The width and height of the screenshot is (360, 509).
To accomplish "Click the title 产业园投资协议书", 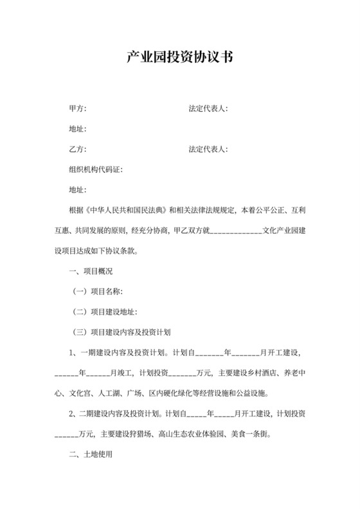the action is click(x=179, y=57).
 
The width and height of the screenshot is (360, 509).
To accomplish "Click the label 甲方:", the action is click(x=77, y=109).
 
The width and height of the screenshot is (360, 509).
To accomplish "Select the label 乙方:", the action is click(x=77, y=149).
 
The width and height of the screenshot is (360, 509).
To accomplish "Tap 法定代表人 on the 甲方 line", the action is click(x=208, y=109).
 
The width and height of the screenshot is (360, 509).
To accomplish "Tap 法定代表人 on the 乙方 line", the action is click(x=208, y=149).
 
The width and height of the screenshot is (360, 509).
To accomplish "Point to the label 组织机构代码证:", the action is click(x=95, y=170).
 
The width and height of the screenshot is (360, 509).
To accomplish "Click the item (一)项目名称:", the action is click(x=97, y=291).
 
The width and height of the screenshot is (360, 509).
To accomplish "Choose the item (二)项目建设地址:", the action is click(x=104, y=312).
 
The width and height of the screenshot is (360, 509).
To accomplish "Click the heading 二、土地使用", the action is click(x=90, y=453).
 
